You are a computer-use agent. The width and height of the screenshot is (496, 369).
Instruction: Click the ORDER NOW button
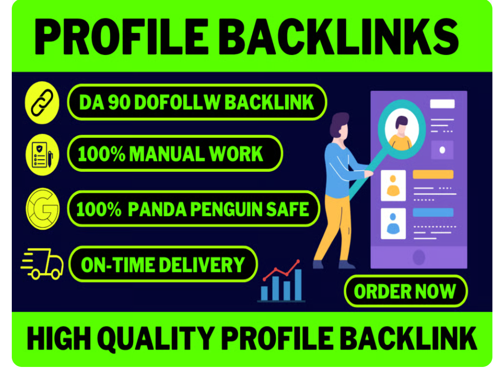pyautogui.click(x=405, y=292)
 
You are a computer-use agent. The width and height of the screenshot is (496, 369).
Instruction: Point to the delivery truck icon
pyautogui.click(x=43, y=263)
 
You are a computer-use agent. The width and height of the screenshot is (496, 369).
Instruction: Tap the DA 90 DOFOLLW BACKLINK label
pyautogui.click(x=197, y=102)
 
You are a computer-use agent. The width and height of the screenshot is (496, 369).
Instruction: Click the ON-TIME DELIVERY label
pyautogui.click(x=162, y=264)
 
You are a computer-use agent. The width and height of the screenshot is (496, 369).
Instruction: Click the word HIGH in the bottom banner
pyautogui.click(x=56, y=339)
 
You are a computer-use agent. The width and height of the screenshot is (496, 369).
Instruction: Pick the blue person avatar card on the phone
pyautogui.click(x=394, y=223)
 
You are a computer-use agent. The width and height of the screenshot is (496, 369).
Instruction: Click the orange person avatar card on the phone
pyautogui.click(x=394, y=185)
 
